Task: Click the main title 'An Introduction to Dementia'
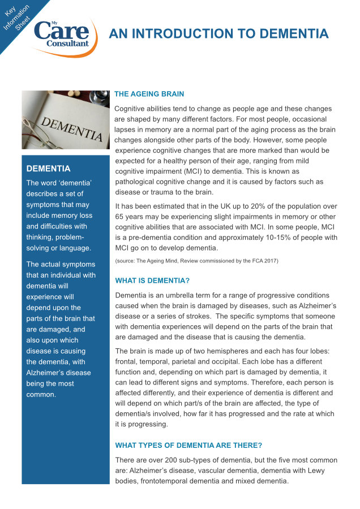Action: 218,33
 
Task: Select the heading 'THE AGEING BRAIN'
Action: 149,94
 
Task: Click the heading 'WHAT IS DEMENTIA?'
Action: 152,281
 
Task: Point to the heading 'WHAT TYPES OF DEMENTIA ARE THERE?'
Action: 188,445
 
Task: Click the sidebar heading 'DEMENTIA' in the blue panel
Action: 49,169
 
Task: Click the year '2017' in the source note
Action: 269,261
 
